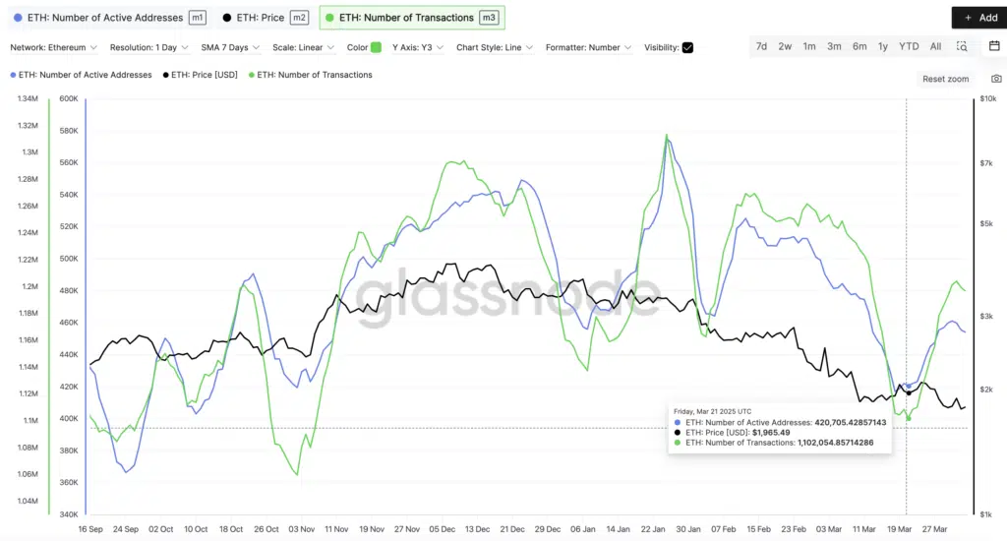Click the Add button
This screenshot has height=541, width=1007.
[x=978, y=18]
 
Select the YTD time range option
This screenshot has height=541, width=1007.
[x=909, y=46]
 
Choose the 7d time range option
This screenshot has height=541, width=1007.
[x=761, y=46]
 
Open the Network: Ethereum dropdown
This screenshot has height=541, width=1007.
[x=54, y=47]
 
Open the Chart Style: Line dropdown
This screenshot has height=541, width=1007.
[x=495, y=47]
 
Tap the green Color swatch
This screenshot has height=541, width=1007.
[x=376, y=47]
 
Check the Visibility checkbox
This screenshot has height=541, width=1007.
[x=687, y=47]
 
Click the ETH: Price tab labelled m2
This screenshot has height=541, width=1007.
[x=265, y=18]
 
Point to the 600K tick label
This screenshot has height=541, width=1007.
[x=68, y=98]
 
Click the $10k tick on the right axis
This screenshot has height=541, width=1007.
[x=988, y=98]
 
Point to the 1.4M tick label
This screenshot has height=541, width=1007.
[x=28, y=98]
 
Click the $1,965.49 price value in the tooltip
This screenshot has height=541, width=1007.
[x=772, y=433]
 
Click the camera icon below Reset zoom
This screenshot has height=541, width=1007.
[x=997, y=79]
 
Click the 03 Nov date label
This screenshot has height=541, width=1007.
[x=301, y=528]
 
